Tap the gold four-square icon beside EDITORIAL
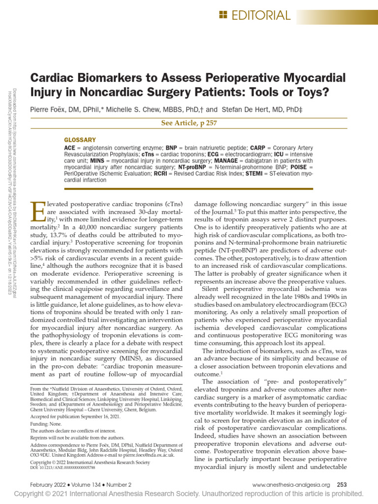click(x=223, y=15)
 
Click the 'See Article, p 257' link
click(x=189, y=123)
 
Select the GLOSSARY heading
click(x=80, y=140)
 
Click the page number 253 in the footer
click(x=342, y=485)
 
